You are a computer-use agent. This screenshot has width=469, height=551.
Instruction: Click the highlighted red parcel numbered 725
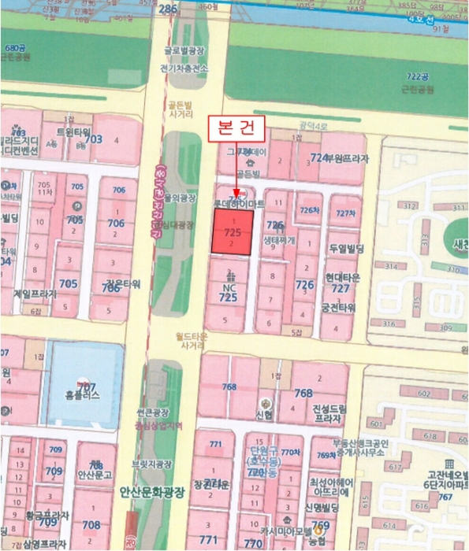point(232,233)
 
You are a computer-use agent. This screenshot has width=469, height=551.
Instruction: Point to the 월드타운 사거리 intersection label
point(193,340)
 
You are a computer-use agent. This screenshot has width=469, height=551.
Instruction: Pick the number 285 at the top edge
point(168,9)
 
